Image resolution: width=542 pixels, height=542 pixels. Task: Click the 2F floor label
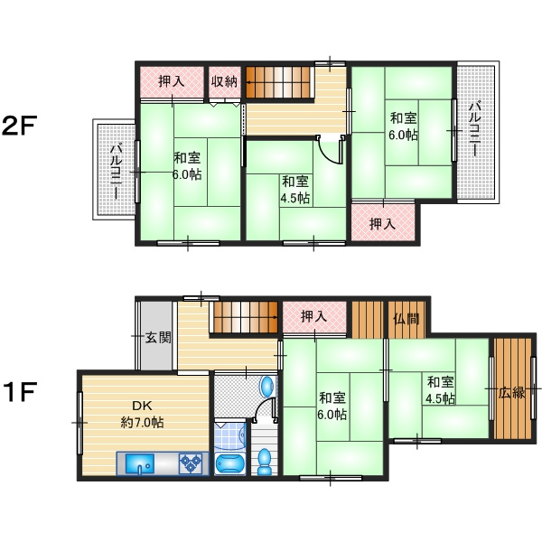tap(19, 126)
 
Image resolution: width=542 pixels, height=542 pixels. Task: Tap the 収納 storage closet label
tap(225, 81)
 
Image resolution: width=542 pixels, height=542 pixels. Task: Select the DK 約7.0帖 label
tap(142, 414)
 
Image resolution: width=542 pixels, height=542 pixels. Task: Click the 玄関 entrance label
tap(158, 337)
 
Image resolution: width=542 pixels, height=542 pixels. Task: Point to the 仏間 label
tap(406, 319)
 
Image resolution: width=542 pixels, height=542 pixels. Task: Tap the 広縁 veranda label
tap(511, 392)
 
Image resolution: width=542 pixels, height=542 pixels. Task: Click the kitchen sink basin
tap(140, 463)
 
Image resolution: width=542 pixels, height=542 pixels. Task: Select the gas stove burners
tap(191, 463)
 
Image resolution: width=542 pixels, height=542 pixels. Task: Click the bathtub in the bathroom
tap(229, 463)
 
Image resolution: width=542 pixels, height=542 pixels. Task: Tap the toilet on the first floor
tap(265, 461)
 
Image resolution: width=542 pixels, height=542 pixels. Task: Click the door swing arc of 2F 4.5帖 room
tap(329, 152)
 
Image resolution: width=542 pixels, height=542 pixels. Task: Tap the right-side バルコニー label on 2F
tap(474, 128)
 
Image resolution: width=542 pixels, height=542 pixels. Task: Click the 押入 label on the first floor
tap(313, 316)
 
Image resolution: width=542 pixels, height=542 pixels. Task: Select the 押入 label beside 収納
tap(171, 81)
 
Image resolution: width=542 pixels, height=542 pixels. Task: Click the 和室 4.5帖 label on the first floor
tap(440, 390)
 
